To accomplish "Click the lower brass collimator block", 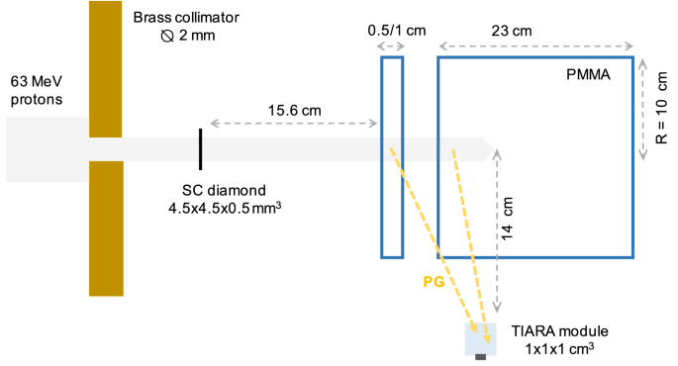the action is click(105, 228).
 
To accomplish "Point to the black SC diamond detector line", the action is click(200, 148).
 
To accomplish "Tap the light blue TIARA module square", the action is click(481, 338).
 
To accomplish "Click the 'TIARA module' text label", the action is click(558, 330).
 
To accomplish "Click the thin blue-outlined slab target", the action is click(392, 156).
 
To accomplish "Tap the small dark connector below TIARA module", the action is click(481, 358).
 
